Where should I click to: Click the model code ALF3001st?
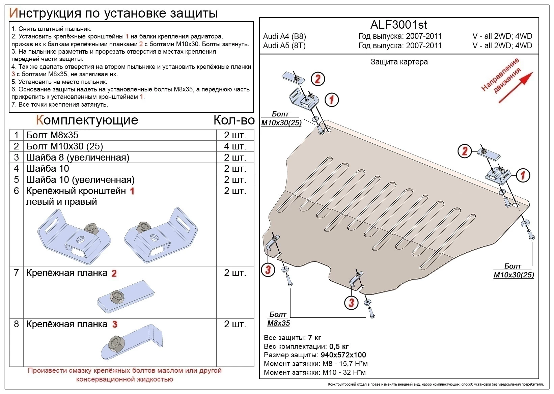398,25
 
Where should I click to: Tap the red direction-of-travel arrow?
515,87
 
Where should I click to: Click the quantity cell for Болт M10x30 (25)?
235,146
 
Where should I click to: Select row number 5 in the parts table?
16,179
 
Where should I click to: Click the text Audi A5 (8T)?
284,46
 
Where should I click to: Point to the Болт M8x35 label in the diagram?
278,319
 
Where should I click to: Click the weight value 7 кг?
314,338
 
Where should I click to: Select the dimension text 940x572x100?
343,355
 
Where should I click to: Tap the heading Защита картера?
399,62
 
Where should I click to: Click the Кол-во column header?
234,120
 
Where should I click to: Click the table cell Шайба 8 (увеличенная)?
78,158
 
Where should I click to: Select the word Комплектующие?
87,120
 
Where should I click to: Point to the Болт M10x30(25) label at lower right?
514,271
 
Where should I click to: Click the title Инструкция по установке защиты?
113,13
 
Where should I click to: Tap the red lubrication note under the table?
124,375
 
